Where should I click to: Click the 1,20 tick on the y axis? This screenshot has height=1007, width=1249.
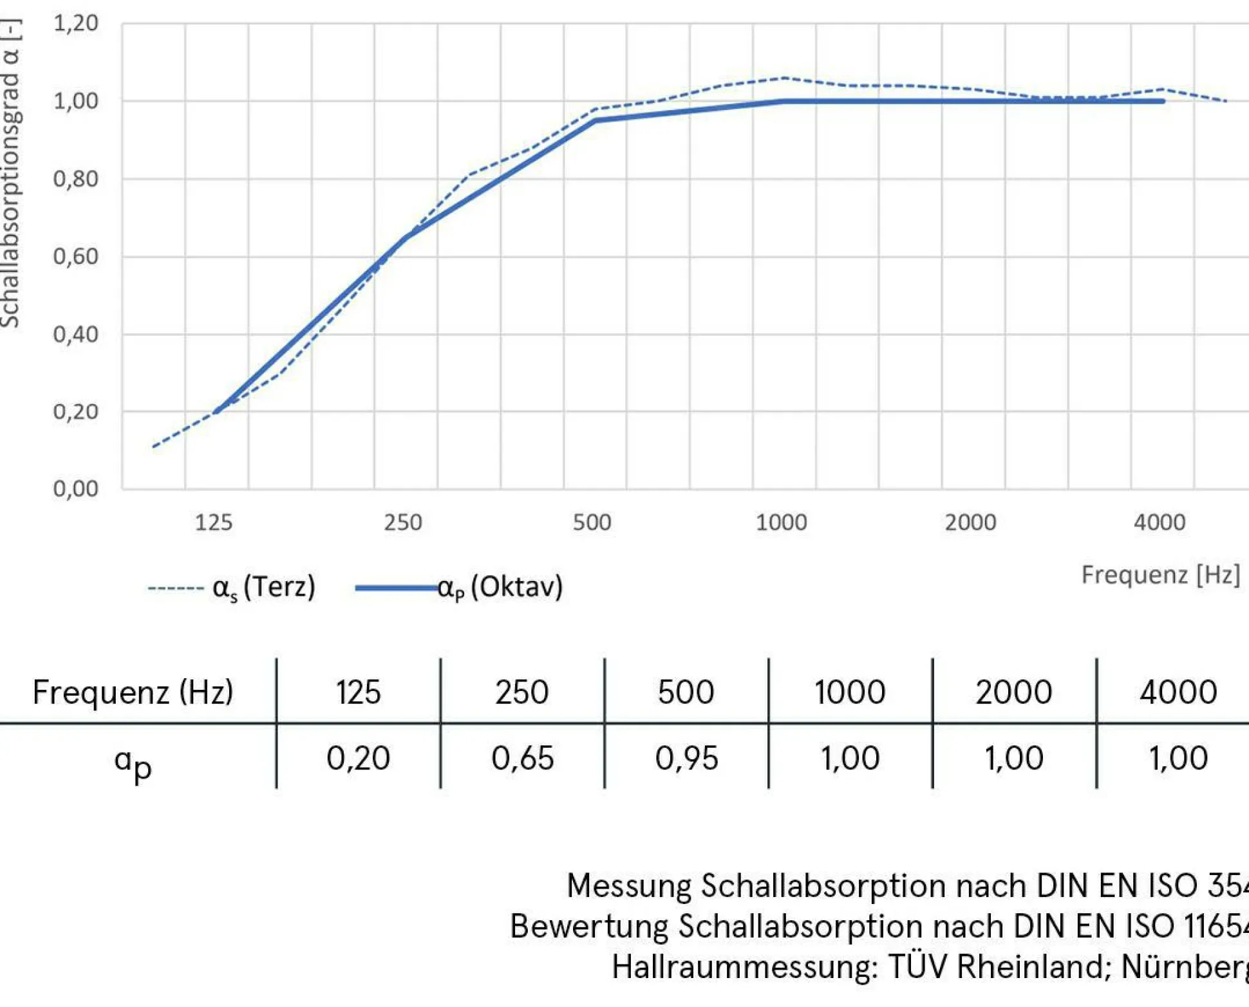coord(75,24)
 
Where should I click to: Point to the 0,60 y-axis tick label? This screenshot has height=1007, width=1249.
coord(75,257)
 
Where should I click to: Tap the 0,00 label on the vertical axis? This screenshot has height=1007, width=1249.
coord(75,489)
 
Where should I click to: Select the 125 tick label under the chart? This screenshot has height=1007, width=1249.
coord(214,522)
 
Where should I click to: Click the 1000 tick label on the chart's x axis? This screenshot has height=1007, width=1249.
coord(781,522)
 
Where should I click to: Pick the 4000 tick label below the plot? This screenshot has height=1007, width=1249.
coord(1159,522)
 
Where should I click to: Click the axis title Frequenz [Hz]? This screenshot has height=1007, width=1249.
coord(1160,575)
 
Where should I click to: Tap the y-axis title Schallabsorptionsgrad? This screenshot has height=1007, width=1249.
coord(10,174)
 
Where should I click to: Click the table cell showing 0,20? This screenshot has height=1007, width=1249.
coord(358,758)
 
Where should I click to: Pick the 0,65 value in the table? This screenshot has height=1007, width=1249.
coord(522,758)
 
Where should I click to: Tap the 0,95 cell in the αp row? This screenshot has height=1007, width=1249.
coord(686,758)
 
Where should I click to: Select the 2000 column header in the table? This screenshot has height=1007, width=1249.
coord(1013,692)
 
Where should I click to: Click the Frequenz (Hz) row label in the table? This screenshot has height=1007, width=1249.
coord(133,692)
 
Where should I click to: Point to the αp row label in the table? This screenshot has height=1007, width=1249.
coord(133,762)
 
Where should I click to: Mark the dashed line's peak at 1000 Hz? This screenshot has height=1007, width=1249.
coord(785,78)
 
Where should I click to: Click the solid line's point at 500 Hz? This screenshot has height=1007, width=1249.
coord(595,120)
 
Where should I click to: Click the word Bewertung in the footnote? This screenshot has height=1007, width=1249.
coord(589,927)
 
